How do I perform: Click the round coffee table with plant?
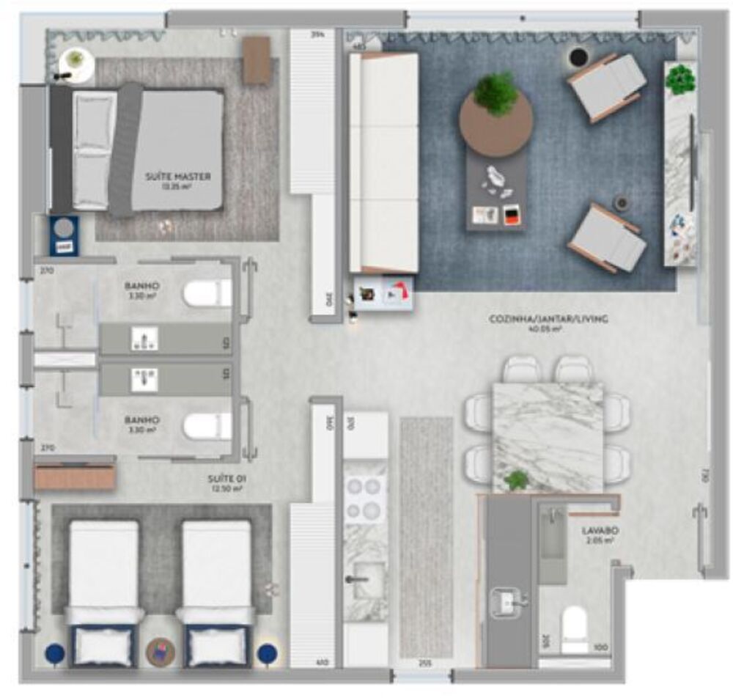(496, 121)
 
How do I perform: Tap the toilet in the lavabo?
(575, 628)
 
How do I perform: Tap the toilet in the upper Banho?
(207, 293)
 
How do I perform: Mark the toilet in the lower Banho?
(207, 426)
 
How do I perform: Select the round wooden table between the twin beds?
(161, 652)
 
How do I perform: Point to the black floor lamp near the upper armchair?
(579, 56)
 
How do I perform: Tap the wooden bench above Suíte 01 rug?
(75, 477)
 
